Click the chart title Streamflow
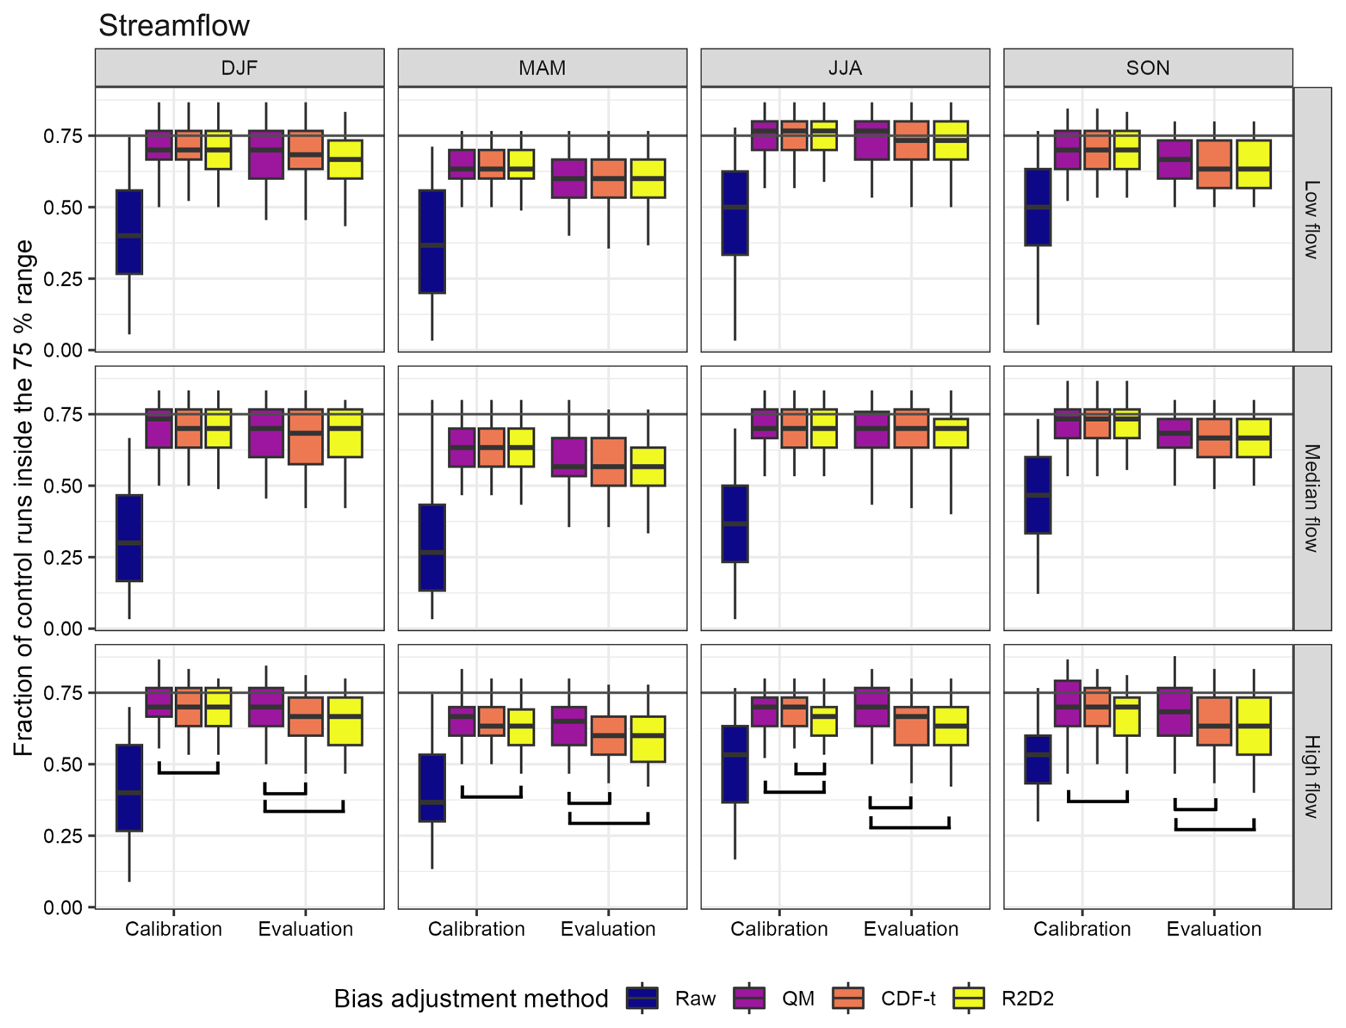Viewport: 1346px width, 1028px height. [174, 26]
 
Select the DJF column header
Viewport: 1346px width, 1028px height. [239, 68]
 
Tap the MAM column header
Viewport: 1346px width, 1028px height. [542, 68]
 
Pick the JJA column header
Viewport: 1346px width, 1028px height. [845, 68]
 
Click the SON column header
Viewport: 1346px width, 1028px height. [1148, 68]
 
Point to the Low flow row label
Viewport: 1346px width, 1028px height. [1312, 219]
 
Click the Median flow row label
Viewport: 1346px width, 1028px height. [1312, 498]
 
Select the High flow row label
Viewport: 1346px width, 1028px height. [1312, 777]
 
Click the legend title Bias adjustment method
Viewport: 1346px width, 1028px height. [471, 999]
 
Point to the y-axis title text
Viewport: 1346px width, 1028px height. [23, 498]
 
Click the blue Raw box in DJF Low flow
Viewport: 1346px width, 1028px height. [129, 232]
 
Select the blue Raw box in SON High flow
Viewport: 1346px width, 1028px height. [1038, 759]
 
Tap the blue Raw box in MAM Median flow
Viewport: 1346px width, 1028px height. [432, 547]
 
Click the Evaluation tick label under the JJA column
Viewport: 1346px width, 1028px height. [911, 929]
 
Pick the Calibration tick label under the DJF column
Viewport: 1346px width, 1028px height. [174, 929]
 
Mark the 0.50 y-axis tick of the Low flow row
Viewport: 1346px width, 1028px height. [63, 208]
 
